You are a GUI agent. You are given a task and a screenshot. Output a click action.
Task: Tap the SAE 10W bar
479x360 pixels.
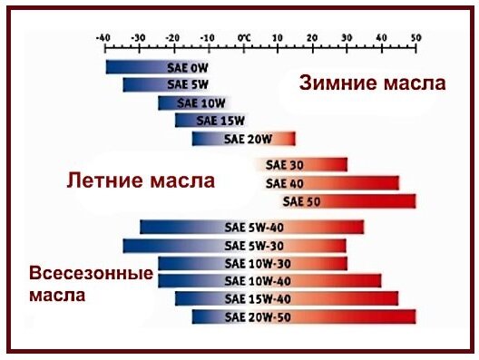[x=194, y=102]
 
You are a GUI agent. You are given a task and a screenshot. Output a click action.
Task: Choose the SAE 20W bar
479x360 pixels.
[x=243, y=138]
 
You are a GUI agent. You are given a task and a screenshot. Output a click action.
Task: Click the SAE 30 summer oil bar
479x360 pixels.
[x=300, y=164]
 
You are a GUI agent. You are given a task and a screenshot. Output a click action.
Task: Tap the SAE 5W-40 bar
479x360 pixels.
[x=251, y=227]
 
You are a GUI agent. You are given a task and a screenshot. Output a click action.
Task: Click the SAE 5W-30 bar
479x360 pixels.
[x=234, y=245]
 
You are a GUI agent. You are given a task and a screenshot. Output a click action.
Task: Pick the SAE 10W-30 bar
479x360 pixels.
[x=252, y=263]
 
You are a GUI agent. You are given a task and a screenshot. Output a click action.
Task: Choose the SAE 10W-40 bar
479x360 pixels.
[x=269, y=280]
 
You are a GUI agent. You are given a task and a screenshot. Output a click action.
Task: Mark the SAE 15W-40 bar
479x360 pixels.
[x=286, y=298]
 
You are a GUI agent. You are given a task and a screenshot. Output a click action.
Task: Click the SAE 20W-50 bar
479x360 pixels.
[x=303, y=316]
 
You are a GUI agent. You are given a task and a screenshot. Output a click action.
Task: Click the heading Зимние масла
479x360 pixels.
[x=371, y=83]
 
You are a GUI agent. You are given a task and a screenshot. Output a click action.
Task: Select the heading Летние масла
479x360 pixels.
[x=141, y=180]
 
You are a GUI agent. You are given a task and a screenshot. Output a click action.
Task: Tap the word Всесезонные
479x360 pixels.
[x=90, y=274]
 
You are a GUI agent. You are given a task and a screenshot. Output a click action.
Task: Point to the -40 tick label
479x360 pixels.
[x=104, y=37]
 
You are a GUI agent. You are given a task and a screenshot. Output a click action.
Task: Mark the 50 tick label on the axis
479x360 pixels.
[x=415, y=37]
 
